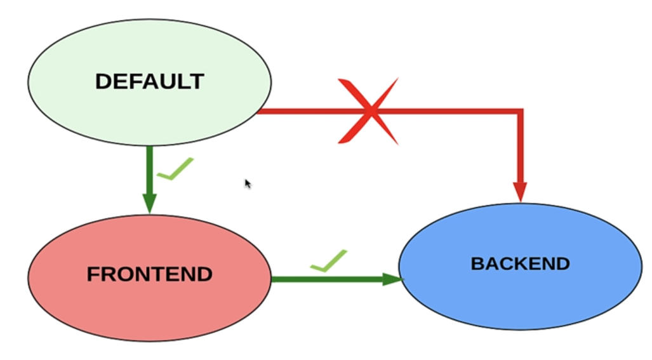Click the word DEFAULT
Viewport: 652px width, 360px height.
coord(150,81)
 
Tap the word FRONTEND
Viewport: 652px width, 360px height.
coord(150,275)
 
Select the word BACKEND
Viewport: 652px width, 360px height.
coord(520,263)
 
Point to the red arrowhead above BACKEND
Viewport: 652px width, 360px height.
coord(520,191)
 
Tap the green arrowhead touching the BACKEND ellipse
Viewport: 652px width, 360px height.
coord(392,279)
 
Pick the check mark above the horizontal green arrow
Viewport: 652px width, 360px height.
coord(329,261)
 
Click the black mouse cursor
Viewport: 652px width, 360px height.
coord(248,183)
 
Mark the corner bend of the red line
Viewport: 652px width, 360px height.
coord(520,112)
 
